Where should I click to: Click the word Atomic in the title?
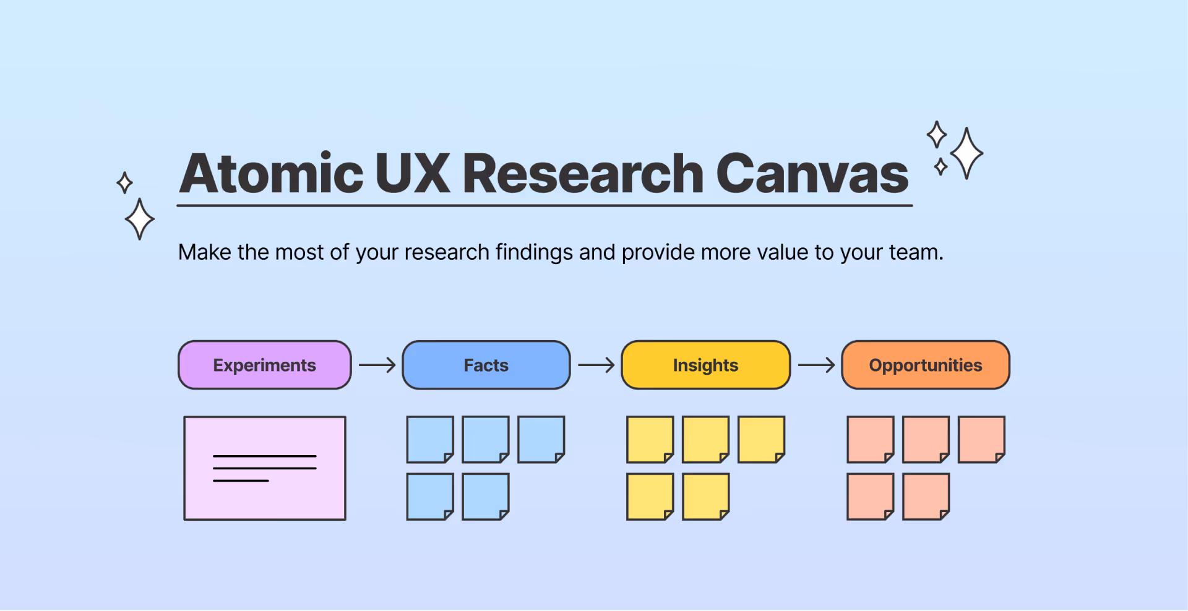[271, 174]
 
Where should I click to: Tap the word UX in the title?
[412, 174]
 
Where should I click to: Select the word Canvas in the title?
[812, 174]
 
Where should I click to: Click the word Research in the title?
[583, 174]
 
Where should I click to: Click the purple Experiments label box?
[265, 365]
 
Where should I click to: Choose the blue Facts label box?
[486, 365]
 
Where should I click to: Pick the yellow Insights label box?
[705, 365]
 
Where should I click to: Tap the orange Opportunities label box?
[926, 365]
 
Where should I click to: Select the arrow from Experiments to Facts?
[377, 365]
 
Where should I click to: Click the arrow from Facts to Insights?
[596, 365]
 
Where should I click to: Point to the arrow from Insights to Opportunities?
[816, 365]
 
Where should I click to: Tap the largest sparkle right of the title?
[966, 153]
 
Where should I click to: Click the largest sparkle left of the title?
[140, 219]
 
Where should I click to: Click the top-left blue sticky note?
[430, 439]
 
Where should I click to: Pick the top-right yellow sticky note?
[761, 439]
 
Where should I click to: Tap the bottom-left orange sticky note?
[870, 496]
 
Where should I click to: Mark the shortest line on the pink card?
[241, 481]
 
